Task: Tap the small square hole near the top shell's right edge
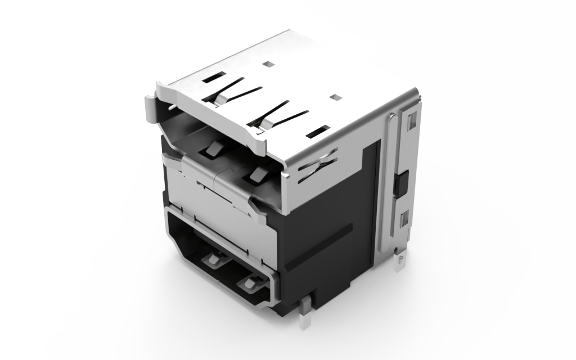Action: point(336,97)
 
